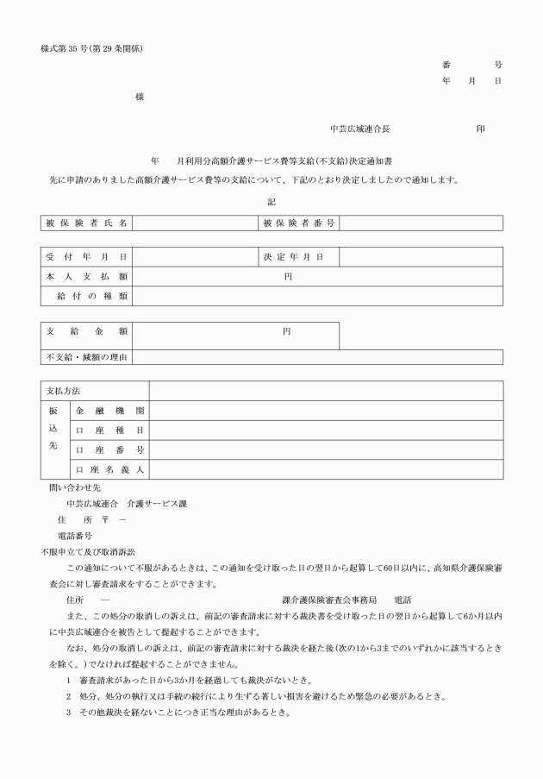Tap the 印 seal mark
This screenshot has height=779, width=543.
(480, 129)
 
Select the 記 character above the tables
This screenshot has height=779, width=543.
(271, 201)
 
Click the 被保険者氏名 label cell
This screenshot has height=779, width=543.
(86, 223)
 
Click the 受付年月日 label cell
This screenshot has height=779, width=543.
(86, 257)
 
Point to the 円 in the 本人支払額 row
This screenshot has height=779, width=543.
(289, 277)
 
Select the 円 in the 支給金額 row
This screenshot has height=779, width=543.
(285, 331)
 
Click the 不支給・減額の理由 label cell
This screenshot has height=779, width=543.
(86, 357)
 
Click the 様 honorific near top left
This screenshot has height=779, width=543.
(140, 97)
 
